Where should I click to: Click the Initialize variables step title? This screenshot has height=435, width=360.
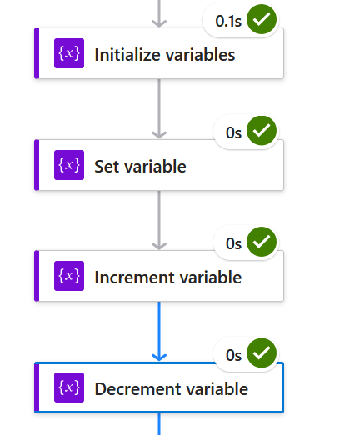(x=165, y=55)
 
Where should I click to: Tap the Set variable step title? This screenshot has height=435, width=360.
(x=140, y=167)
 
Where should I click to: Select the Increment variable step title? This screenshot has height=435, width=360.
(x=168, y=277)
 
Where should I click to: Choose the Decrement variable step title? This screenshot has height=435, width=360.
(x=171, y=388)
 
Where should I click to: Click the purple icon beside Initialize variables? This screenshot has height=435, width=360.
(x=69, y=53)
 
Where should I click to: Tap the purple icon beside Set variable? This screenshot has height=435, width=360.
(x=69, y=165)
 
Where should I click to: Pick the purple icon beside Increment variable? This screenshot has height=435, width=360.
(x=69, y=276)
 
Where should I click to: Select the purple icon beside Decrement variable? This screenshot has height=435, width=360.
(x=69, y=387)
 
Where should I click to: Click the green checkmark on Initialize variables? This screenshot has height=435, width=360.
(x=262, y=19)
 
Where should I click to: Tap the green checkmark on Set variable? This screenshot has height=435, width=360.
(x=262, y=131)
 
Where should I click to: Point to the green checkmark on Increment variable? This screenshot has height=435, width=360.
(x=262, y=242)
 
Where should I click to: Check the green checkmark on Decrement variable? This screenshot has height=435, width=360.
(x=262, y=353)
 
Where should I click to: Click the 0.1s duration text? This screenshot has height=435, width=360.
(x=228, y=21)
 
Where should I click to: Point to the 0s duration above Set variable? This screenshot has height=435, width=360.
(x=233, y=132)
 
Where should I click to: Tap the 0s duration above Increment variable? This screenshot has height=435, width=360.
(x=233, y=243)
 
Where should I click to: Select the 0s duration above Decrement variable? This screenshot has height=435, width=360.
(x=233, y=355)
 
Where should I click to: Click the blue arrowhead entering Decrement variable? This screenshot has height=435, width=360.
(x=159, y=357)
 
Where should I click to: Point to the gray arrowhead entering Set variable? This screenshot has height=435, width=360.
(x=159, y=135)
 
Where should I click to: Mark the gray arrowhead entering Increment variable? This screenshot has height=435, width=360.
(x=159, y=246)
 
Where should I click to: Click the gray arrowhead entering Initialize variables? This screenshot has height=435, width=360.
(x=159, y=23)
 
